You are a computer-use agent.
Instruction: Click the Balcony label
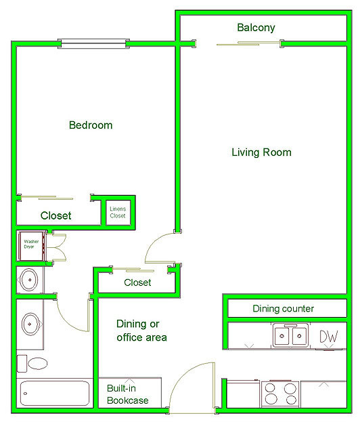[x=256, y=28]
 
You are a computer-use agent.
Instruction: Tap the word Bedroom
[x=91, y=125]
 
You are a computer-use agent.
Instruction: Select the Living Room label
[x=262, y=152]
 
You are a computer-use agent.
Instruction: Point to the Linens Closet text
[x=118, y=212]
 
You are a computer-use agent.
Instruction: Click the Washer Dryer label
[x=31, y=244]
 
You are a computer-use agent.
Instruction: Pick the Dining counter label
[x=284, y=308]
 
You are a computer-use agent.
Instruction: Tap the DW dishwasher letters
[x=329, y=337]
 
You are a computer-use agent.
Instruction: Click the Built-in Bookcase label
[x=128, y=394]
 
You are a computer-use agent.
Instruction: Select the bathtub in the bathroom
[x=55, y=393]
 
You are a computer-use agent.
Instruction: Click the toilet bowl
[x=38, y=363]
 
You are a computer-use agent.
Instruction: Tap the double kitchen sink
[x=290, y=335]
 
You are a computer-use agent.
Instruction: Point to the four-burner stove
[x=280, y=394]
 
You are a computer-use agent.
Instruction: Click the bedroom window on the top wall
[x=93, y=44]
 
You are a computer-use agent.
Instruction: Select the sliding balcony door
[x=248, y=43]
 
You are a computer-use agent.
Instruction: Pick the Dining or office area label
[x=141, y=331]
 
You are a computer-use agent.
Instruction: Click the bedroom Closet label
[x=56, y=215]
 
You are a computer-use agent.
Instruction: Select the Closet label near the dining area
[x=137, y=282]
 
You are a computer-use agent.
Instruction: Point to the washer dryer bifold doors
[x=58, y=248]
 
